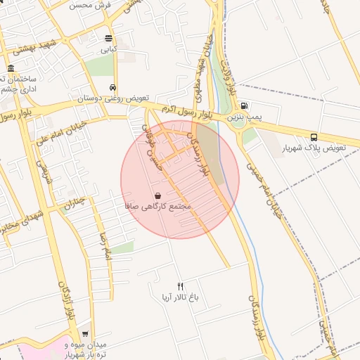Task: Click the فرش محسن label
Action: point(91,4)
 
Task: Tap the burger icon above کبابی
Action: point(108,39)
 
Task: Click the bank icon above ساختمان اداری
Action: point(11,69)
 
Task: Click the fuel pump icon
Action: point(243,105)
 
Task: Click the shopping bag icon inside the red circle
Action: point(157,195)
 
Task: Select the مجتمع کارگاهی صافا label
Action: point(157,207)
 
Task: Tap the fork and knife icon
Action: point(180,286)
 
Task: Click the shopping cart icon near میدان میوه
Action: point(85,335)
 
